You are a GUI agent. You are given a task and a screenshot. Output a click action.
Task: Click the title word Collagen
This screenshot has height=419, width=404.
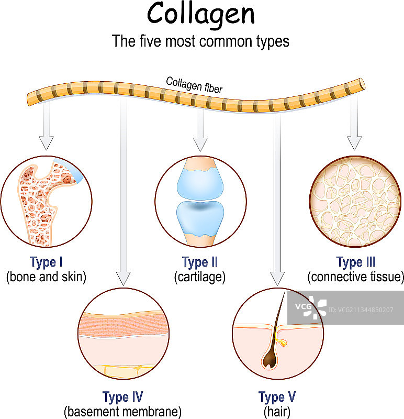tap(201, 15)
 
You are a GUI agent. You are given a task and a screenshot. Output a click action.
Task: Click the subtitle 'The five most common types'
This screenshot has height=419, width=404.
tap(201, 41)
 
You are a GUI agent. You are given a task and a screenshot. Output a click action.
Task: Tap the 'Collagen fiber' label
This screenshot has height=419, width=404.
tap(194, 85)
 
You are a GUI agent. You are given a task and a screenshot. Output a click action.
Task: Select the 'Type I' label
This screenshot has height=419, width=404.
tap(47, 262)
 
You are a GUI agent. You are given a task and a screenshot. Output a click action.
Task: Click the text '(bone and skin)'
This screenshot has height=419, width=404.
tap(46, 277)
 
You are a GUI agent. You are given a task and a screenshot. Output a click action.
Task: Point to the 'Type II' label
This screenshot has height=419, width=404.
tap(199, 262)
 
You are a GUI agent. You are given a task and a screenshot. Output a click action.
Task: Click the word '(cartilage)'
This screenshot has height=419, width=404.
tap(199, 277)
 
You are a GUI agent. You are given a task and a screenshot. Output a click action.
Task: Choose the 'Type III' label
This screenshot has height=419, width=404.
tap(356, 262)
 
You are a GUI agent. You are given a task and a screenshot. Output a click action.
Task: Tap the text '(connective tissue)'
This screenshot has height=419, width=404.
tap(356, 277)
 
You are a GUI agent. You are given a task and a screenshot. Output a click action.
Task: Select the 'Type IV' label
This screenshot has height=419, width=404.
tap(122, 396)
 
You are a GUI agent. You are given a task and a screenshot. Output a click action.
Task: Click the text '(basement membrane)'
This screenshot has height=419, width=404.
tap(122, 412)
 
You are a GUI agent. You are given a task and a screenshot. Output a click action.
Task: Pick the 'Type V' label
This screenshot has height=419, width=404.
tap(277, 396)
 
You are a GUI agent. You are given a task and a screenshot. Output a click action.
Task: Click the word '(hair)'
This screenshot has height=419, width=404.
tap(277, 412)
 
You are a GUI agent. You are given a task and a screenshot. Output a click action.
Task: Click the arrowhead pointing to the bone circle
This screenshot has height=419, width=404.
tap(47, 143)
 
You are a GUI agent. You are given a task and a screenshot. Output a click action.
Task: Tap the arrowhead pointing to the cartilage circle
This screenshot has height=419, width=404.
tap(199, 144)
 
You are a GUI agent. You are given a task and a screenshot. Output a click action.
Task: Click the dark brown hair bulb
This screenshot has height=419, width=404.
tap(271, 357)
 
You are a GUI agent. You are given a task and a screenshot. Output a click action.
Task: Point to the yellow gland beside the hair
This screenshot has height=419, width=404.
tap(284, 344)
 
